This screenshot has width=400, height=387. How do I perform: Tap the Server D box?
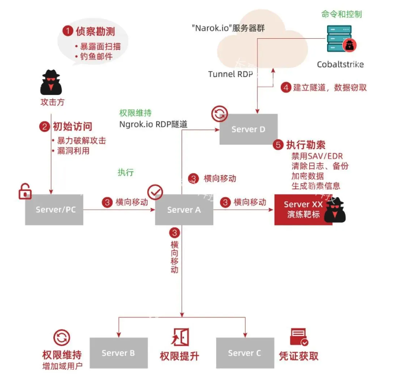(248, 129)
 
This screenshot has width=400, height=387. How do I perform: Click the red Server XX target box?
(303, 209)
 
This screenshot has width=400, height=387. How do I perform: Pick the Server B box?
(118, 353)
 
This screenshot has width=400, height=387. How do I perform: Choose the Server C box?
(245, 353)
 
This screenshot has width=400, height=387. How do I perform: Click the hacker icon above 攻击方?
(51, 83)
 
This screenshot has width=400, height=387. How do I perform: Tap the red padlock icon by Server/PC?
(25, 191)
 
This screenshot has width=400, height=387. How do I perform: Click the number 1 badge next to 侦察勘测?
(68, 30)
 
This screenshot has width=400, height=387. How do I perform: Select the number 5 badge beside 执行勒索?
(277, 145)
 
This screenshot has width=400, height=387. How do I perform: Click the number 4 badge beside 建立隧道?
(286, 87)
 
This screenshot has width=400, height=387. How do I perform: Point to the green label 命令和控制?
(340, 14)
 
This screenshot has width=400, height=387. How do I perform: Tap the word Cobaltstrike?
(340, 64)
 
